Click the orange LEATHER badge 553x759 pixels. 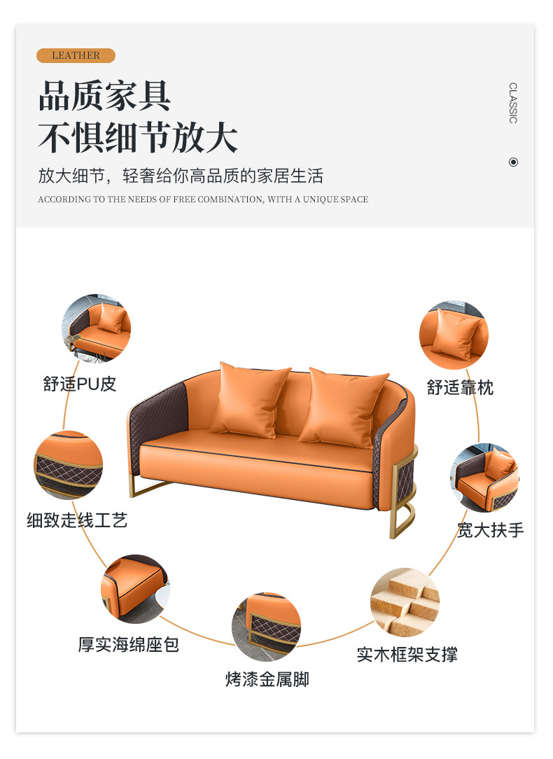76,56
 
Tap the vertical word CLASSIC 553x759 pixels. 513,103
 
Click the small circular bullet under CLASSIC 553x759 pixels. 513,162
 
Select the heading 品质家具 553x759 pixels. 104,96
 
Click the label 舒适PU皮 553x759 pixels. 80,384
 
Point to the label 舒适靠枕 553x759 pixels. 460,387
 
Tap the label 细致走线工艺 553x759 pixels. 78,520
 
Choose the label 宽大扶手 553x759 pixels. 491,530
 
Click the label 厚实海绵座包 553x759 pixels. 129,644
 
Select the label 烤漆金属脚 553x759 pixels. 267,679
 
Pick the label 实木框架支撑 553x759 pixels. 407,655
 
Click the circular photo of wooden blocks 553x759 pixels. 405,602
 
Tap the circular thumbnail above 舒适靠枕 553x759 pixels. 454,335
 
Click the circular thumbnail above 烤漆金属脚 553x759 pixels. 267,627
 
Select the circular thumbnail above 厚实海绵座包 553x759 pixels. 136,589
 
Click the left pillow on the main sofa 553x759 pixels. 250,401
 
